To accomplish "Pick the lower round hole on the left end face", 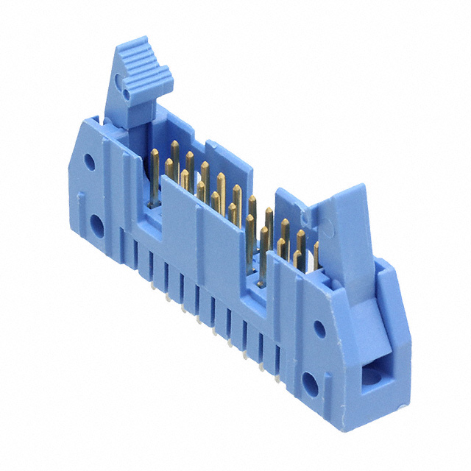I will click(x=97, y=222).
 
